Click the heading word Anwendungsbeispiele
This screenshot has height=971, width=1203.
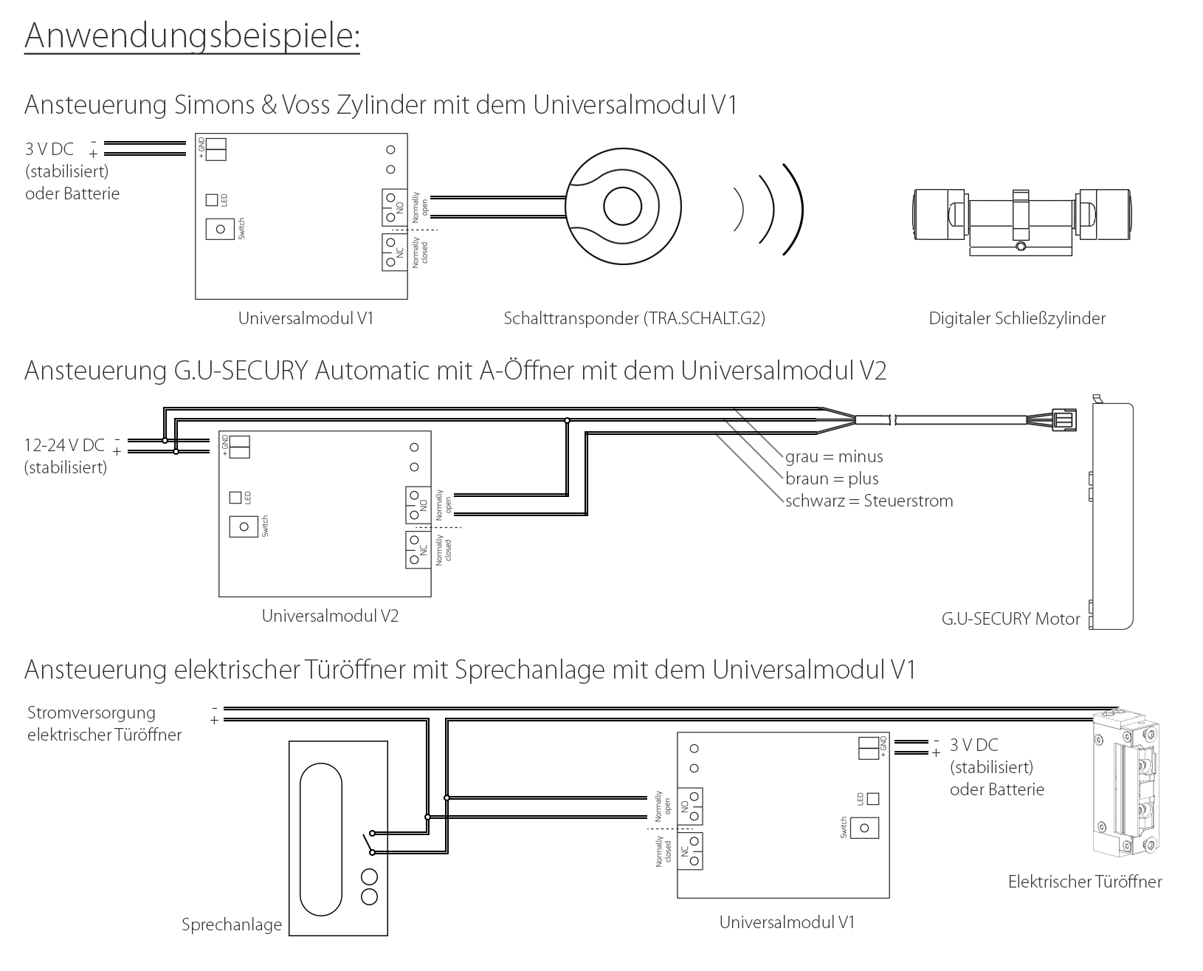coord(192,35)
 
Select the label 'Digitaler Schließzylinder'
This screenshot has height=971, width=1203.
coord(1017,319)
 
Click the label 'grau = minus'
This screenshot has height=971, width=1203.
coord(834,457)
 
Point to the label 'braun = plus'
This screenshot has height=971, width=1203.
coord(832,479)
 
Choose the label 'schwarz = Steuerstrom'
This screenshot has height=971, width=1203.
coord(869,501)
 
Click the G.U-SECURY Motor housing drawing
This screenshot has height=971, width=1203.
coord(1112,516)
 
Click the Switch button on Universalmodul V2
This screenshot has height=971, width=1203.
coord(244,527)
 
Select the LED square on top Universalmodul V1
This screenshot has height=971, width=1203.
coord(212,200)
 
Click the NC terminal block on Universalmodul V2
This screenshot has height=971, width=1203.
coord(418,550)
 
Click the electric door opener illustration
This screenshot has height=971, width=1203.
coord(1126,786)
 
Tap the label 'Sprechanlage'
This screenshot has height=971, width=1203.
coord(232,925)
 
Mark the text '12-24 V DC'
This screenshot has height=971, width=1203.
coord(64,445)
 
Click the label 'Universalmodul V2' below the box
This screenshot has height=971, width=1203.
coord(330,616)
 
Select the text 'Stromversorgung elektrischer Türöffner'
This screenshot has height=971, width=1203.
coord(104,724)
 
